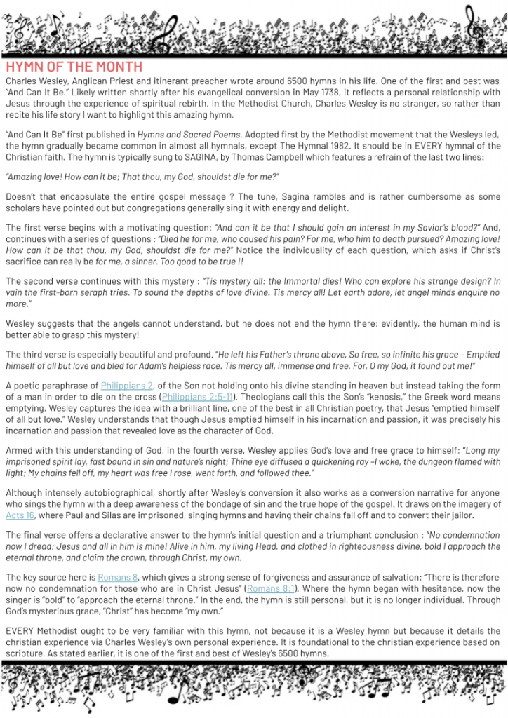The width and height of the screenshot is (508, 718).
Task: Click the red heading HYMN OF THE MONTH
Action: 74,67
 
